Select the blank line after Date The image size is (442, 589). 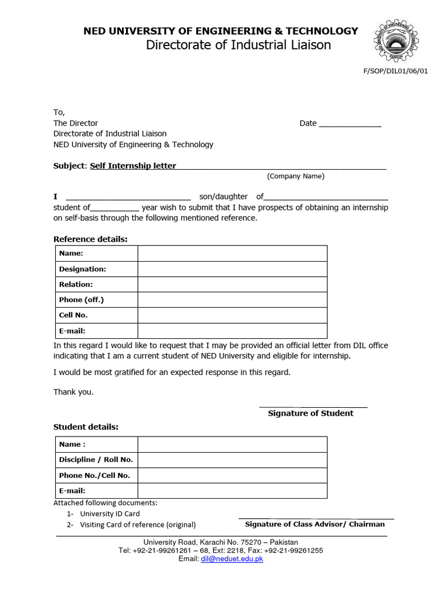pos(350,124)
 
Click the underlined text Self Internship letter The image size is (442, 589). pos(133,166)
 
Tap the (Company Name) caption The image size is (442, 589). pos(295,176)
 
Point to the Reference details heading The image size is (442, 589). pos(90,239)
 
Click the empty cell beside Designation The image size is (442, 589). pos(232,269)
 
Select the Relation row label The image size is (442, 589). pos(76,284)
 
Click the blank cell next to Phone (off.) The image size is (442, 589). pos(232,300)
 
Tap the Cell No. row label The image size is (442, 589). pos(74,315)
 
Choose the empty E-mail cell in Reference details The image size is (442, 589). pos(232,331)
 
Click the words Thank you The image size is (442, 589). pos(73,392)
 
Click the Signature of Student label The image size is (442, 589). pos(311,413)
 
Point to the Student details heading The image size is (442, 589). pos(86,427)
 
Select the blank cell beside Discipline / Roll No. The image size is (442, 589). pos(232,460)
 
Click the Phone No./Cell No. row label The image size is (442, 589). pos(94,475)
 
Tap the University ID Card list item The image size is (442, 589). pos(109,514)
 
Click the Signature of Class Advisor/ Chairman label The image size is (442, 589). pos(315,524)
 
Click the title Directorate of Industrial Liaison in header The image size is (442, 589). pos(238,45)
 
